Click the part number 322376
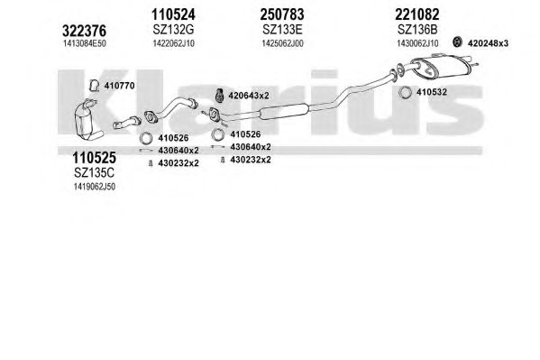[x=84, y=31]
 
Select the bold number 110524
[x=173, y=14]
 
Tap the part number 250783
[x=282, y=14]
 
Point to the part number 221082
[x=417, y=14]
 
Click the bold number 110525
[x=94, y=158]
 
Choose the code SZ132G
[x=173, y=30]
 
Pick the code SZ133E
[x=282, y=30]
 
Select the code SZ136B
[x=417, y=30]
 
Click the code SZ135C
[x=94, y=172]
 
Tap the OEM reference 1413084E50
[x=85, y=43]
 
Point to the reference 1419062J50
[x=94, y=187]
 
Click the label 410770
[x=119, y=86]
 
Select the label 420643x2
[x=249, y=96]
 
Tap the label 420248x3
[x=488, y=43]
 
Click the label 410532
[x=432, y=92]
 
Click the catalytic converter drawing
[x=87, y=120]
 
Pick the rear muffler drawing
[x=441, y=67]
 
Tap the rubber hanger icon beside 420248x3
[x=457, y=42]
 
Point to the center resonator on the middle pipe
[x=283, y=111]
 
